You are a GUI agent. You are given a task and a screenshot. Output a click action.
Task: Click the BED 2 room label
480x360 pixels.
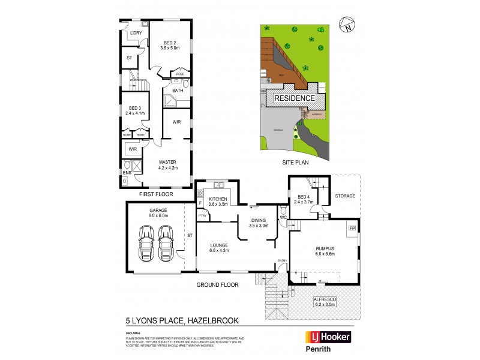click(x=170, y=43)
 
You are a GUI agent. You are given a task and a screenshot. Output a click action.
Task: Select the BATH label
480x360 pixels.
click(x=178, y=91)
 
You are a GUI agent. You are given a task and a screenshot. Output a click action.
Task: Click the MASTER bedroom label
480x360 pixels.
click(x=167, y=162)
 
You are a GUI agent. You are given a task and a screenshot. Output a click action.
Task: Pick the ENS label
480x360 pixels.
click(x=127, y=173)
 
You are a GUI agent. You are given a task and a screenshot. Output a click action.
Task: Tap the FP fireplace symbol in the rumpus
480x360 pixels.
click(x=352, y=228)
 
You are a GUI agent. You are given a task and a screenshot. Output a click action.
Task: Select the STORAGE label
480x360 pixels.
click(x=345, y=196)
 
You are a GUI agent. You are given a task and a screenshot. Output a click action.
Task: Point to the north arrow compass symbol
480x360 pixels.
click(x=346, y=25)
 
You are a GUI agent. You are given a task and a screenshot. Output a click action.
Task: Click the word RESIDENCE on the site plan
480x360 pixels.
click(x=295, y=98)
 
